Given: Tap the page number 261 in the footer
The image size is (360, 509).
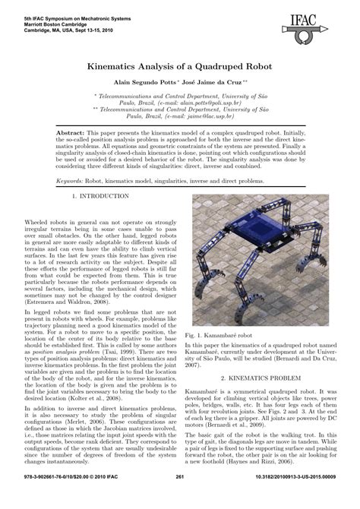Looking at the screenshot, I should click(180, 498).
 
